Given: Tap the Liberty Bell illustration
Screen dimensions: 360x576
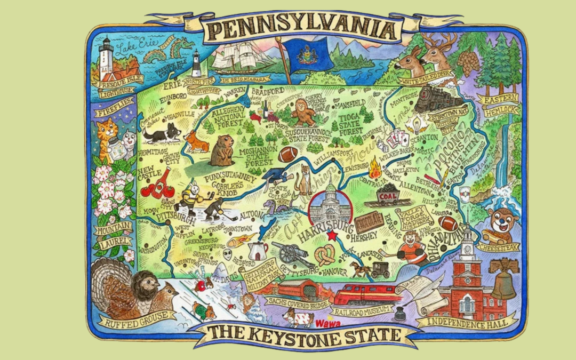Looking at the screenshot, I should pos(503,279).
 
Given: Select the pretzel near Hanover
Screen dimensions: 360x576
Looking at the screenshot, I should pos(324,255).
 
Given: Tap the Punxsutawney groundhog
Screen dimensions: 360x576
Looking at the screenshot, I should pos(221,150).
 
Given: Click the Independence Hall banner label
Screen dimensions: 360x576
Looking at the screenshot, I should pos(468,322).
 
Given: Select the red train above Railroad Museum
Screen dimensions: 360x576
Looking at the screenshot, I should pos(367,294).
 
